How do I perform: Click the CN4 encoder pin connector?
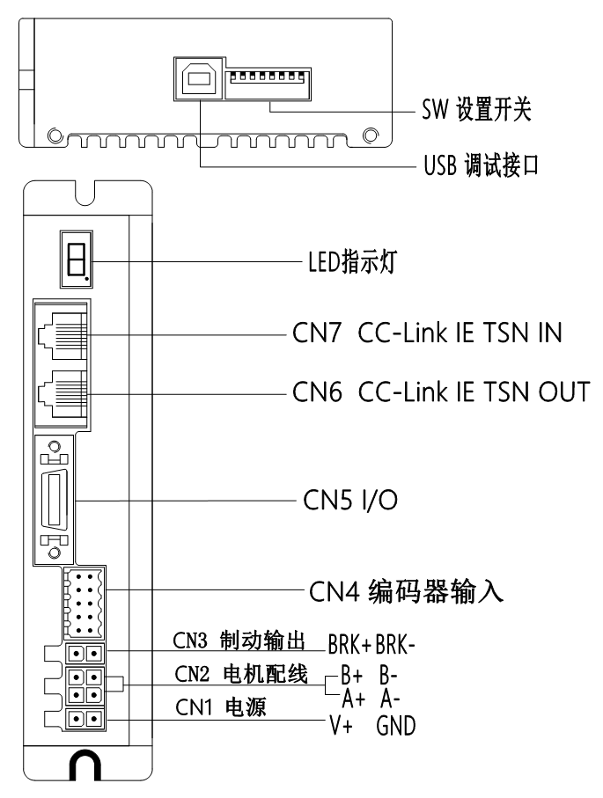[84, 603]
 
